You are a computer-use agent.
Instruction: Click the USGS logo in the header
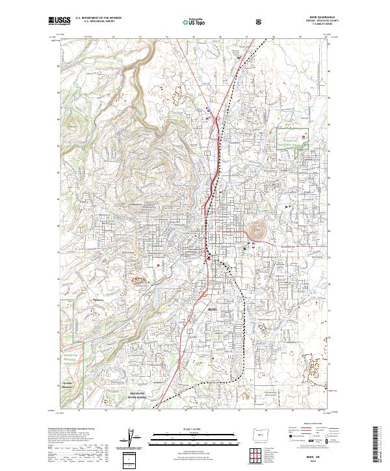click(x=59, y=21)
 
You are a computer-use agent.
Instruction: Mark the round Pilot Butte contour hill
click(x=255, y=229)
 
